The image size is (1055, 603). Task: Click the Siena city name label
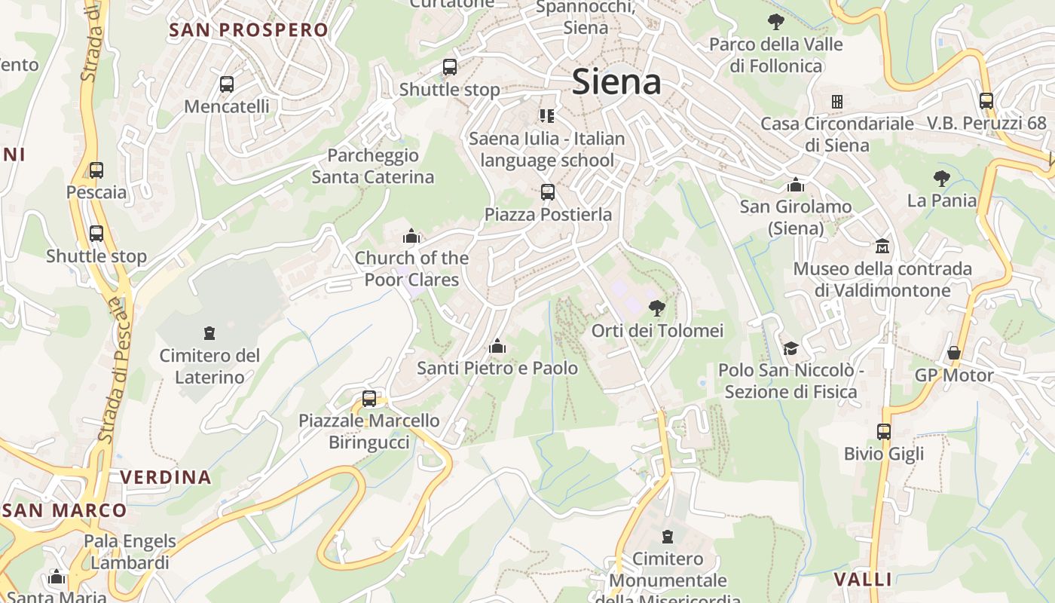(x=616, y=81)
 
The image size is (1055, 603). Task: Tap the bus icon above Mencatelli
(x=226, y=84)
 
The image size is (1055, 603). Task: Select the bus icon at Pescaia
(x=96, y=170)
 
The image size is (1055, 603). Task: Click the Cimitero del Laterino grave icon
(x=209, y=332)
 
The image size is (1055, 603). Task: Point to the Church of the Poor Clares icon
(x=411, y=237)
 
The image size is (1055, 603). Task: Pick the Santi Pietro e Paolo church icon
(x=497, y=347)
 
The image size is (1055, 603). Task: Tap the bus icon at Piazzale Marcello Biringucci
(x=369, y=399)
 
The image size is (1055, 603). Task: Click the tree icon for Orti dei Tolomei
(x=657, y=308)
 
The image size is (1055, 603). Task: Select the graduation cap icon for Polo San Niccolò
(x=790, y=348)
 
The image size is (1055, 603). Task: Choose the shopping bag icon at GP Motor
(x=954, y=353)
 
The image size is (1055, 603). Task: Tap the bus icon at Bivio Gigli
(x=884, y=432)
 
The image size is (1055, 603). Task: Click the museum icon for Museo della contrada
(x=882, y=246)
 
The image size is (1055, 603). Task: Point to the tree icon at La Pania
(x=941, y=179)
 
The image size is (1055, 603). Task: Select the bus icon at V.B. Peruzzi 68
(x=986, y=100)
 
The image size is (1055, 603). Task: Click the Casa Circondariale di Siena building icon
(x=836, y=101)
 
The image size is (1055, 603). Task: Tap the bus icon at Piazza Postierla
(x=548, y=192)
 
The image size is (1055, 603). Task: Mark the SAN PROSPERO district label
(x=249, y=30)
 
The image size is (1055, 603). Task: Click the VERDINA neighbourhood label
(x=166, y=477)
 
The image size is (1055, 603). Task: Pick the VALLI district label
(x=863, y=580)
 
